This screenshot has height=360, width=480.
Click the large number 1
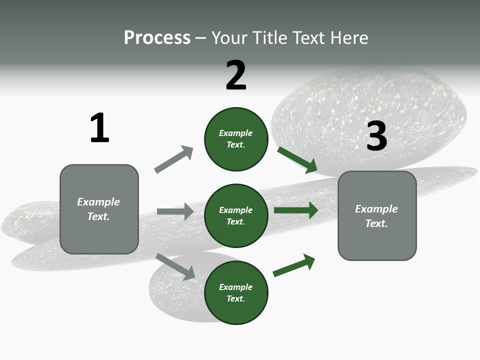[99, 128]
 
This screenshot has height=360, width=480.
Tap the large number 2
[236, 75]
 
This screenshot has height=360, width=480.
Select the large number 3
[376, 136]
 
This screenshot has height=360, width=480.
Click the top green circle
[236, 139]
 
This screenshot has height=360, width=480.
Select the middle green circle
[236, 215]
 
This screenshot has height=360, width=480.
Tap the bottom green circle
[236, 292]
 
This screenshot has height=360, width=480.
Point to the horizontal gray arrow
[175, 211]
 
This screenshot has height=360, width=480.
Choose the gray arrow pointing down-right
[175, 266]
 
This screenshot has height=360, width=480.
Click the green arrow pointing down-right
[297, 160]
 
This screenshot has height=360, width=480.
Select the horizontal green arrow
[296, 210]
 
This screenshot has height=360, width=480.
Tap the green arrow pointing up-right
[294, 265]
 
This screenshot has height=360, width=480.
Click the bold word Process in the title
[157, 38]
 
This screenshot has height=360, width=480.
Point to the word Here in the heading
[349, 38]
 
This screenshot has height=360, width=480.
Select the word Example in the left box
[98, 202]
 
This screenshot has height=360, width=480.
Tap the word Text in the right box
[376, 223]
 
